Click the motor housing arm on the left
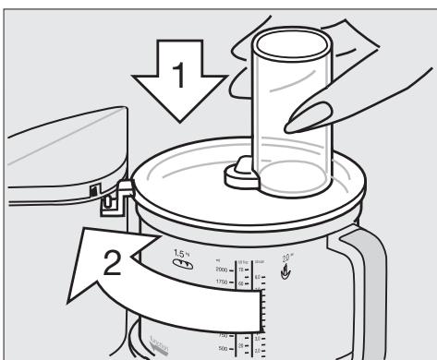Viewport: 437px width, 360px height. click(x=55, y=157)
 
